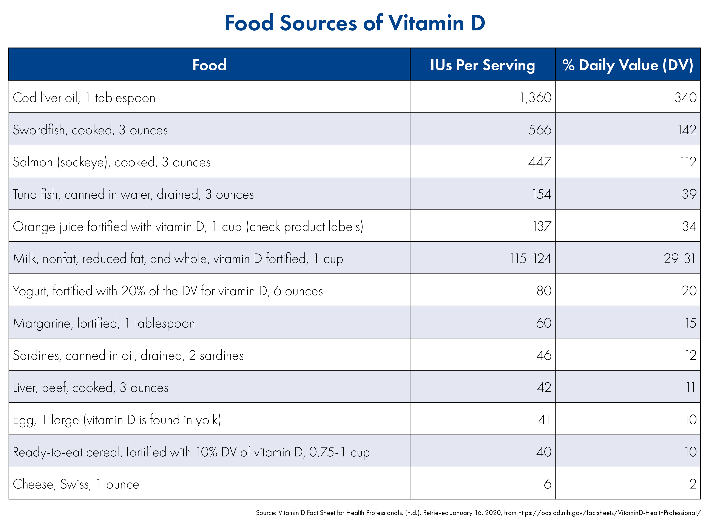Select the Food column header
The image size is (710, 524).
tap(209, 65)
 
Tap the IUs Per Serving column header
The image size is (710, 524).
tap(482, 65)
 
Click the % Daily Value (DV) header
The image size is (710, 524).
tap(628, 65)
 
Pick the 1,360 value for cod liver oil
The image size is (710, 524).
tap(536, 97)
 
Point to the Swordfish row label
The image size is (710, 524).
tap(90, 130)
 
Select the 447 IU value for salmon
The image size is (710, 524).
tap(540, 162)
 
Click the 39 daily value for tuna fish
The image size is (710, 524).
tap(689, 194)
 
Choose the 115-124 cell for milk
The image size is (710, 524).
tap(531, 258)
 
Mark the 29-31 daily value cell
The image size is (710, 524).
tap(680, 258)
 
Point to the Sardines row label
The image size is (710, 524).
tap(128, 356)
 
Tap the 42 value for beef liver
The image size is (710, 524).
tap(544, 388)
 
